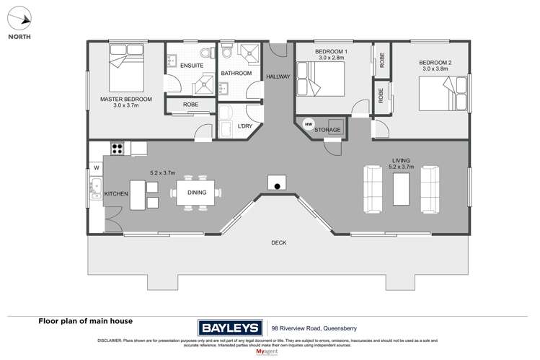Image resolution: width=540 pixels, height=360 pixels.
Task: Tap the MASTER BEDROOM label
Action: click(125, 99)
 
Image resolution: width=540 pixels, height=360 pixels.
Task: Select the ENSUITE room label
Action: click(191, 66)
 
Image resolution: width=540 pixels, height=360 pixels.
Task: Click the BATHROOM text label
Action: click(236, 74)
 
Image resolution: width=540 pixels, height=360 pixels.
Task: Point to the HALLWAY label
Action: click(278, 76)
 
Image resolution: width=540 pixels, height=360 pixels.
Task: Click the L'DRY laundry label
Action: click(244, 127)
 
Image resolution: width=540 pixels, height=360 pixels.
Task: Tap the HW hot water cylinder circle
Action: click(309, 124)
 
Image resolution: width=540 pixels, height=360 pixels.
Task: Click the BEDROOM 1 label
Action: click(332, 53)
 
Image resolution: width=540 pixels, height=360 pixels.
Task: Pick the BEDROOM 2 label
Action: click(435, 63)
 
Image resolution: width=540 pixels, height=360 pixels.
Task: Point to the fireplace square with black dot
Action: click(276, 183)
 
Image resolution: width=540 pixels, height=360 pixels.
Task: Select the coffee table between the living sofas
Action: click(402, 190)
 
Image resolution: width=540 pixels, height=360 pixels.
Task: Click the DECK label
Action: click(278, 243)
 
